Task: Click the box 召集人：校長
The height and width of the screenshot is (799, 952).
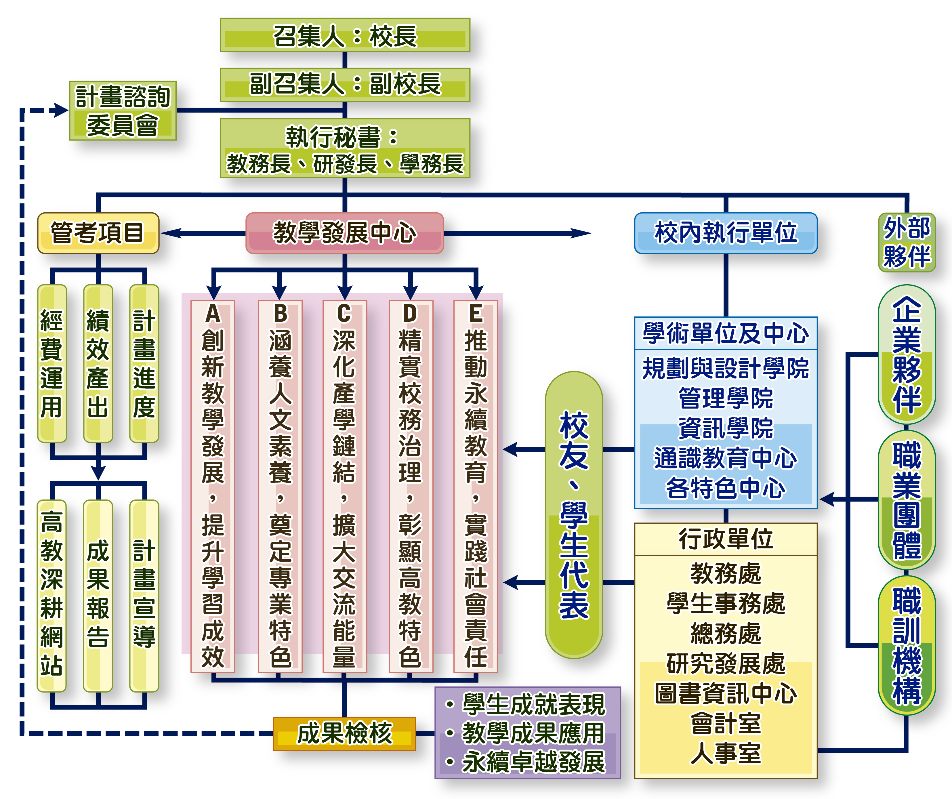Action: pyautogui.click(x=345, y=35)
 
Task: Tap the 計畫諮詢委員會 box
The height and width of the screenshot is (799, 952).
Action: pyautogui.click(x=122, y=111)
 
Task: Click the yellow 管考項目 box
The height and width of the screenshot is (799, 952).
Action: pyautogui.click(x=98, y=233)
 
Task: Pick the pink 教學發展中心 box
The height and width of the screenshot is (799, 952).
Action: pyautogui.click(x=345, y=233)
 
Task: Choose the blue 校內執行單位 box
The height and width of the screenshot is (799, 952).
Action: pyautogui.click(x=725, y=233)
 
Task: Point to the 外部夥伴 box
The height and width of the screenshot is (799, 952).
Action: pyautogui.click(x=907, y=242)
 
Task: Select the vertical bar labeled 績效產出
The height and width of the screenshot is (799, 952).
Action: pyautogui.click(x=98, y=363)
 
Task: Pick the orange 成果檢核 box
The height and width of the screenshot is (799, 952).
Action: pyautogui.click(x=345, y=733)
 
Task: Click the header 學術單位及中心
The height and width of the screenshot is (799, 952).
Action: pyautogui.click(x=725, y=333)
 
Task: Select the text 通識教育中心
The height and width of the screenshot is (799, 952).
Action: pyautogui.click(x=725, y=458)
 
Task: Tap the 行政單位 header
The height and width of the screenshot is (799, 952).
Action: pyautogui.click(x=725, y=539)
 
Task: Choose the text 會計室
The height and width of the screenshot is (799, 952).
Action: pyautogui.click(x=725, y=723)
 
